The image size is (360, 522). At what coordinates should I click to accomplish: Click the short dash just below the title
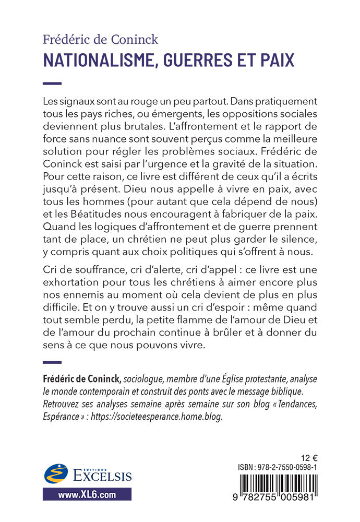[52, 83]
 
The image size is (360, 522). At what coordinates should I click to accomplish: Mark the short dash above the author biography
[52, 362]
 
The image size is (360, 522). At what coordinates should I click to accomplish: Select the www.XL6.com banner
[87, 493]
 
